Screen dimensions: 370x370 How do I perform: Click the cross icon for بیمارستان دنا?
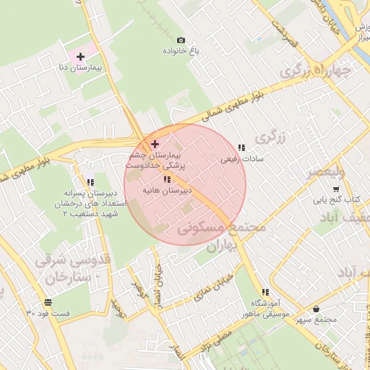pyautogui.click(x=79, y=56)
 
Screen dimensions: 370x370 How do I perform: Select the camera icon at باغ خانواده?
pyautogui.click(x=181, y=40)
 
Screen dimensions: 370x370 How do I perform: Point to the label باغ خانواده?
pyautogui.click(x=181, y=51)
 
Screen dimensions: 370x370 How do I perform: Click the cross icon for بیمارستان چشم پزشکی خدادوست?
pyautogui.click(x=155, y=145)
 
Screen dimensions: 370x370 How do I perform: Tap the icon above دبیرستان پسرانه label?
pyautogui.click(x=90, y=183)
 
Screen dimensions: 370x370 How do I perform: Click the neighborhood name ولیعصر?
pyautogui.click(x=327, y=173)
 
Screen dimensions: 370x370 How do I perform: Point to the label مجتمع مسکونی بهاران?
pyautogui.click(x=220, y=236)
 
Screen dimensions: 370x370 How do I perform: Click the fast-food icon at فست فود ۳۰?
pyautogui.click(x=48, y=302)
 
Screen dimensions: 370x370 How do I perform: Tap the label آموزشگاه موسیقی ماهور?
pyautogui.click(x=265, y=309)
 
